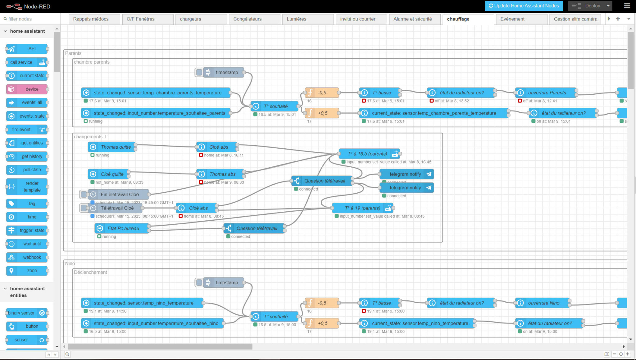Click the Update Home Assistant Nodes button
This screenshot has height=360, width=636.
click(x=524, y=6)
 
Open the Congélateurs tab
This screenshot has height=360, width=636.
click(x=247, y=19)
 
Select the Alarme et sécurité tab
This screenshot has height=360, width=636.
click(x=412, y=19)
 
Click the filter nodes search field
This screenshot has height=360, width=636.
click(x=30, y=19)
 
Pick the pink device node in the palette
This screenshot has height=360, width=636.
click(x=27, y=89)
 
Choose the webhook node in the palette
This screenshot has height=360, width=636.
click(x=27, y=257)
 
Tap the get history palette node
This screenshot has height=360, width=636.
click(x=27, y=156)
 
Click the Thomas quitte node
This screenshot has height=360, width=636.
click(x=112, y=147)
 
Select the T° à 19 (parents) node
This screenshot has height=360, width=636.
click(x=362, y=208)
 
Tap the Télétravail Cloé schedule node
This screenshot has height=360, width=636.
click(x=117, y=208)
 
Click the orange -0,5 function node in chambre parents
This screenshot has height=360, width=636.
click(x=322, y=93)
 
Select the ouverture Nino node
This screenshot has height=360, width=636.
click(x=543, y=303)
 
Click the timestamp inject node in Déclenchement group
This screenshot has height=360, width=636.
click(x=226, y=283)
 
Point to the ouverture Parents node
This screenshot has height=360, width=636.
click(x=547, y=93)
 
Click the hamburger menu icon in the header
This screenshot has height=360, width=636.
click(x=627, y=6)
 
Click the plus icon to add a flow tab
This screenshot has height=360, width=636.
click(x=618, y=19)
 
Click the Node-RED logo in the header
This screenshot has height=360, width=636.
click(x=28, y=6)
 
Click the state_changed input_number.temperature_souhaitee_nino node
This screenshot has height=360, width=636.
click(x=156, y=323)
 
